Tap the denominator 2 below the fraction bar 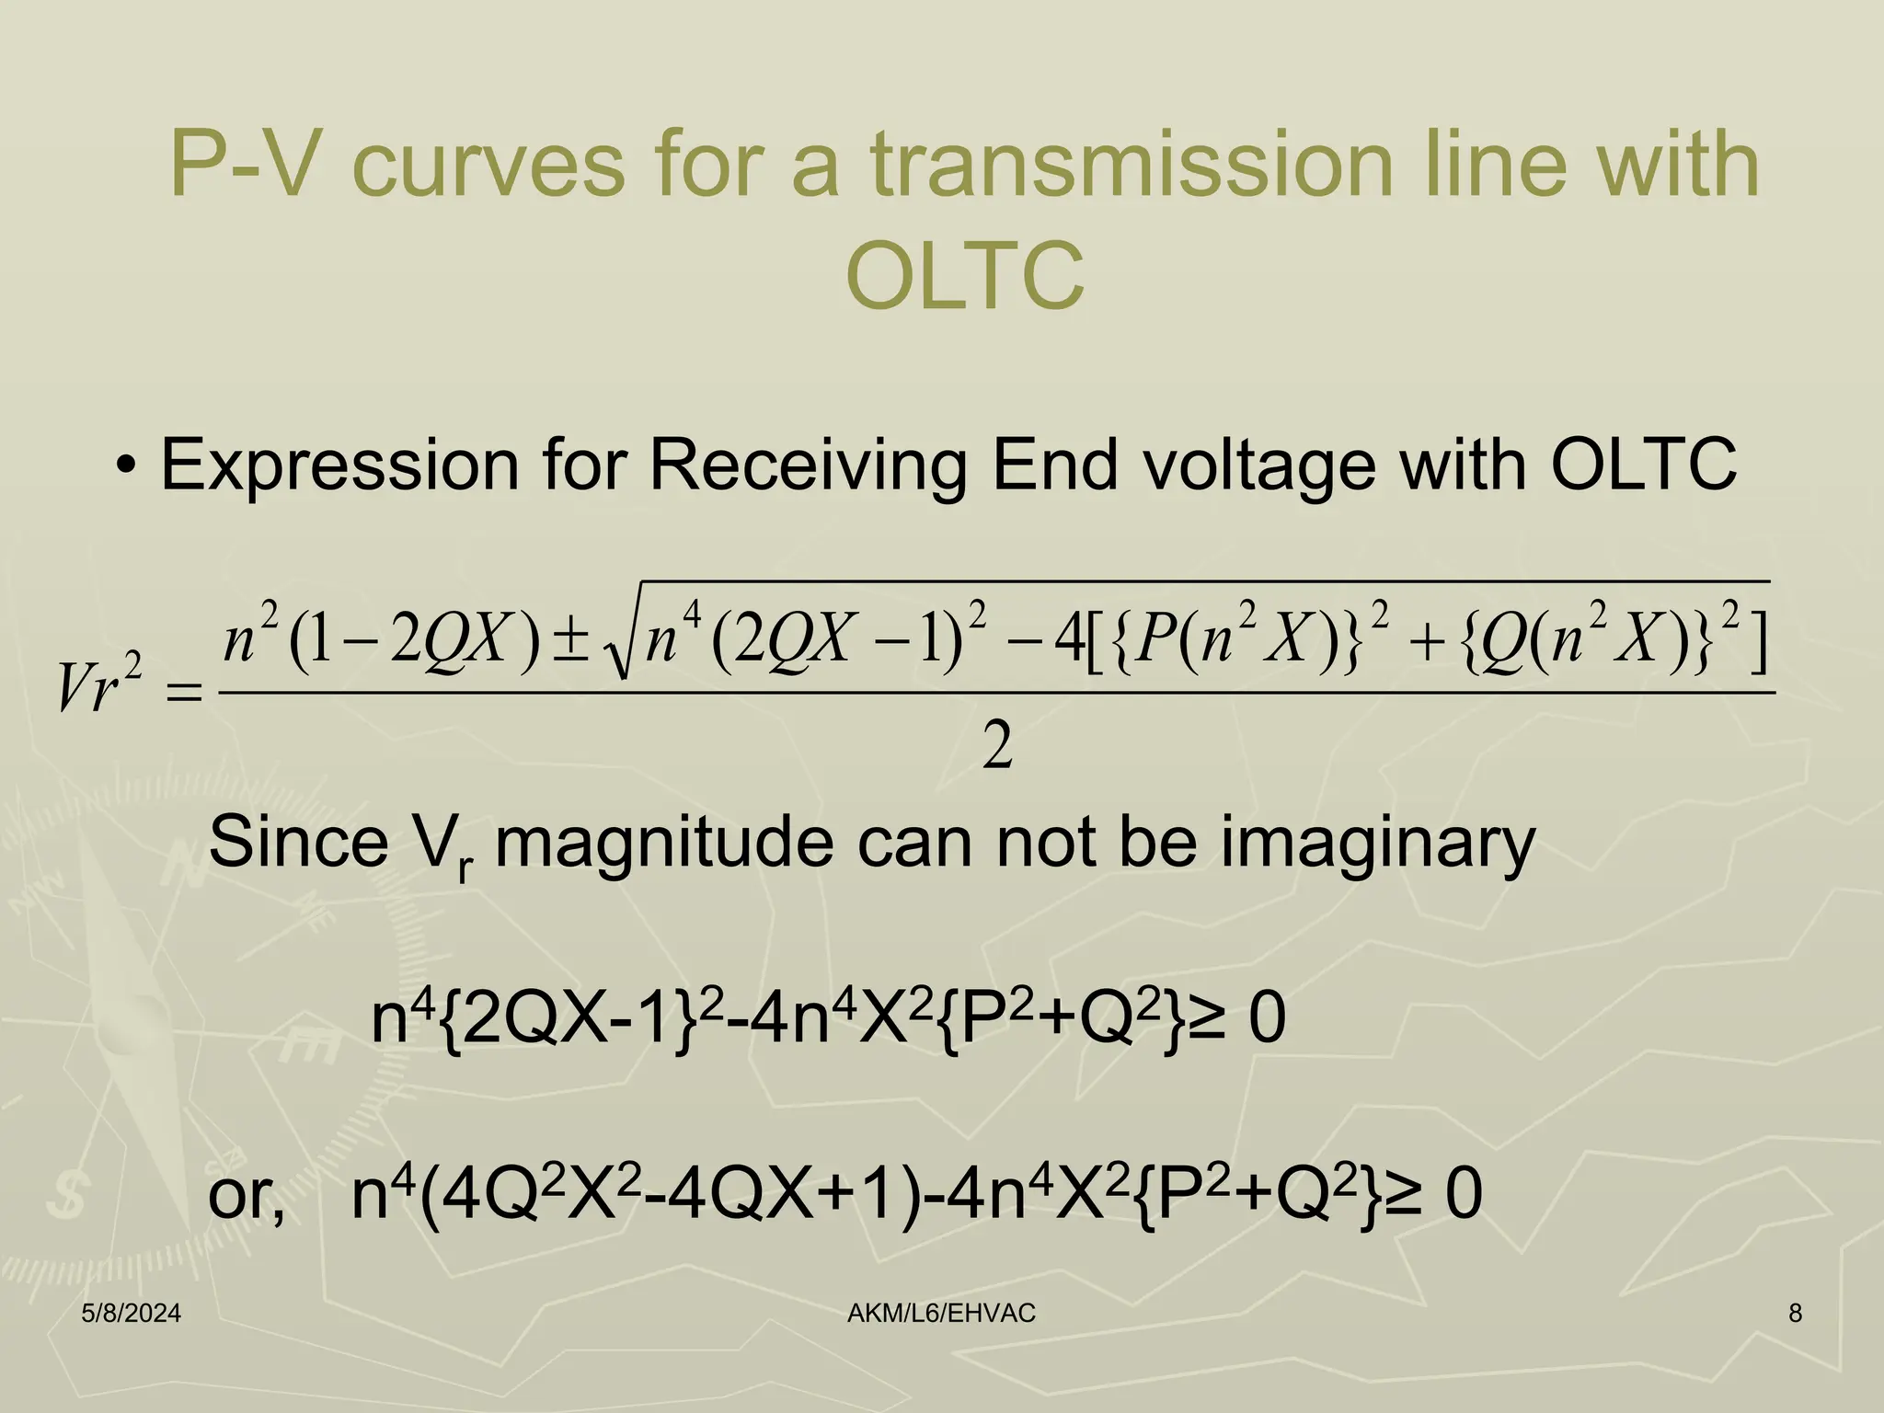coord(997,747)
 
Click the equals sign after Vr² coord(181,693)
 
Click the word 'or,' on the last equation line coord(247,1195)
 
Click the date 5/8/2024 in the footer coord(131,1314)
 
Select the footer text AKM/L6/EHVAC coord(941,1314)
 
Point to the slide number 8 coord(1795,1314)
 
